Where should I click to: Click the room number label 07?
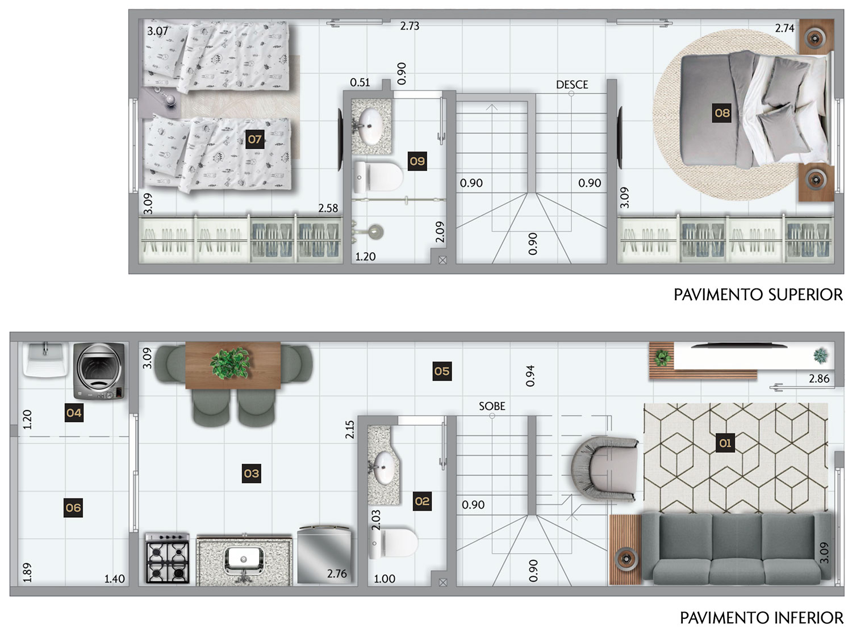pos(254,139)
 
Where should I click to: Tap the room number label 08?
pos(721,113)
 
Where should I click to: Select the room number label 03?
pos(251,473)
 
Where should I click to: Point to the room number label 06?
pos(73,508)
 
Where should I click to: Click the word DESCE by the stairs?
pos(572,85)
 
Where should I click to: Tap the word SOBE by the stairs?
pos(492,406)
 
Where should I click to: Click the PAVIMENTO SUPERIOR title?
pos(758,295)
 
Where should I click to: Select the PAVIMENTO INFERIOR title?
pos(762,618)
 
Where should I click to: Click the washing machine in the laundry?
pos(100,371)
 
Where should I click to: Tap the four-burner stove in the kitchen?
pos(168,558)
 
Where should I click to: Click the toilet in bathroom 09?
pos(378,177)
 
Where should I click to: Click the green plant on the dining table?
pos(230,363)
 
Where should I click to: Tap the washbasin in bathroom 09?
pos(369,127)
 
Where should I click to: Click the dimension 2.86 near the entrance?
pos(818,379)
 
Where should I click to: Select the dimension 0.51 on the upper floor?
pos(360,82)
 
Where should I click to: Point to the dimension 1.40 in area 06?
pos(114,579)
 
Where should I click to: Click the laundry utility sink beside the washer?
pos(46,359)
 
